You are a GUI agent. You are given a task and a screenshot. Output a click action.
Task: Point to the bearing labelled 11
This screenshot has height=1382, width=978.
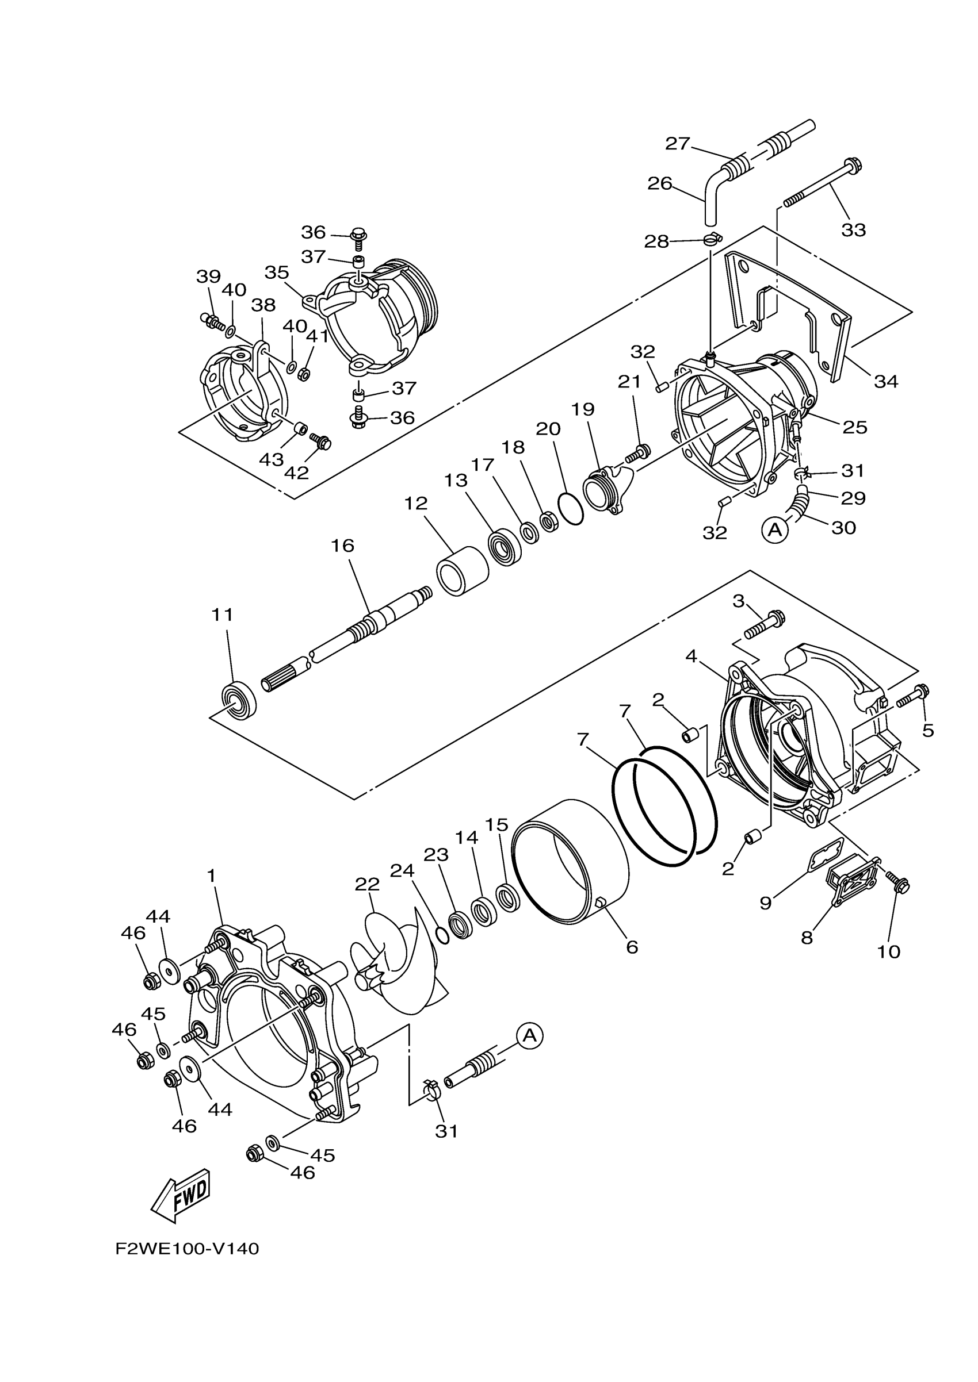tap(239, 701)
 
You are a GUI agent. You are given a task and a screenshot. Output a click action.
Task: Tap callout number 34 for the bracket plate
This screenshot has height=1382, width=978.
tap(885, 381)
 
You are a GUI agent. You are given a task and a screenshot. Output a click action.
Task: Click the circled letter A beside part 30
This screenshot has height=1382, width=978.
tap(775, 529)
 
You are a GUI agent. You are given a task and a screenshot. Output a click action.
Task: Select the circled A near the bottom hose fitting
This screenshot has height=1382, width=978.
tap(529, 1035)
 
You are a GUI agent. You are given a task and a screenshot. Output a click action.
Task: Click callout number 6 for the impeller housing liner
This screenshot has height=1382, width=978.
tap(632, 947)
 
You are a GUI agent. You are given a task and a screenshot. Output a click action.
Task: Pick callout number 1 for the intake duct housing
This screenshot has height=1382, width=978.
tap(211, 876)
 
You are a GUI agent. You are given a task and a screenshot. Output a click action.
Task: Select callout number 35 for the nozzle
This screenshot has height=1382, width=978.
tap(277, 272)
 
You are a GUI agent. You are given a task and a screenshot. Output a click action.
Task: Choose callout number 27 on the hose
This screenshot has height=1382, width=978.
tap(677, 143)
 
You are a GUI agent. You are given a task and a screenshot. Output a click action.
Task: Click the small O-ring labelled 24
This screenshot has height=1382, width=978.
tap(442, 936)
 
